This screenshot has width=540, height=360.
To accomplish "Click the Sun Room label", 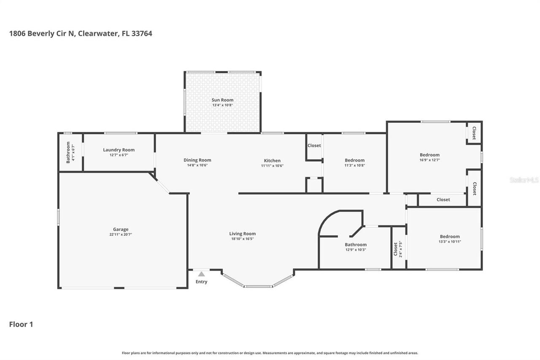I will click(x=222, y=100).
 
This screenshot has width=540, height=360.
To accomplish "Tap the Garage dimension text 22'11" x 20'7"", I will click(x=120, y=235).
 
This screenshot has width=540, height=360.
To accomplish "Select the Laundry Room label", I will click(x=119, y=150).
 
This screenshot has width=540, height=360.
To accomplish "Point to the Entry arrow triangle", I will click(x=202, y=274).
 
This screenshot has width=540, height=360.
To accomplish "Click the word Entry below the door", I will click(x=202, y=282).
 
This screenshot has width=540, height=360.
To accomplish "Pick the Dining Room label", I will click(x=197, y=160).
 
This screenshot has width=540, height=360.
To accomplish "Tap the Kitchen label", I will click(x=272, y=160).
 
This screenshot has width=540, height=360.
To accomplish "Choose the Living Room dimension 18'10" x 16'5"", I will click(x=242, y=239).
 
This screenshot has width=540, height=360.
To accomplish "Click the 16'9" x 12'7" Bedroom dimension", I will click(x=429, y=160).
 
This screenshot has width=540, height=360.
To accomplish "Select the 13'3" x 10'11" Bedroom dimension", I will click(x=450, y=242).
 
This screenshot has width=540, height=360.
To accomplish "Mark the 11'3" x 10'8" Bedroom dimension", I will click(x=354, y=165).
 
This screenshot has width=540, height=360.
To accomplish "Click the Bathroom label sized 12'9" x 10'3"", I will click(x=356, y=244).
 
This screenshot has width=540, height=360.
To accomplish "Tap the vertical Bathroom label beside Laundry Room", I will click(x=68, y=152).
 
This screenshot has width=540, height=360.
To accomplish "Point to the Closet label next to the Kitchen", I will click(x=314, y=146).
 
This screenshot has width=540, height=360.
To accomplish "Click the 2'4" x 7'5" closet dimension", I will click(x=401, y=249).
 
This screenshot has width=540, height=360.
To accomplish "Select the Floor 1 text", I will click(x=21, y=325).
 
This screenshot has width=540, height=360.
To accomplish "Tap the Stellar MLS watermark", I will click(x=524, y=180).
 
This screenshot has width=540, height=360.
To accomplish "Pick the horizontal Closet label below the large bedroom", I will click(x=443, y=200).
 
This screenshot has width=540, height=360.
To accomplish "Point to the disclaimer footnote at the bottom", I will click(x=270, y=353).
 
